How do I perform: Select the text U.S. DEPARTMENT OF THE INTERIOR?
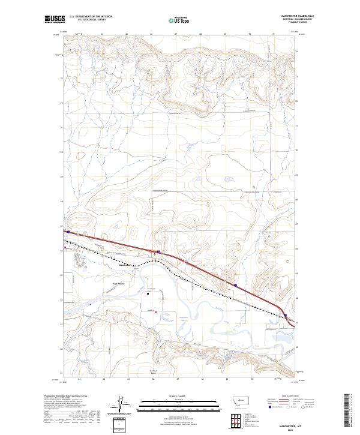pyautogui.click(x=91, y=17)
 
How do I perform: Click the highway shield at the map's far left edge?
pyautogui.click(x=68, y=232)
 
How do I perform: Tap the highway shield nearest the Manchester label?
pyautogui.click(x=158, y=251)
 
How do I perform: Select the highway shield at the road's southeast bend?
pyautogui.click(x=286, y=316)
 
